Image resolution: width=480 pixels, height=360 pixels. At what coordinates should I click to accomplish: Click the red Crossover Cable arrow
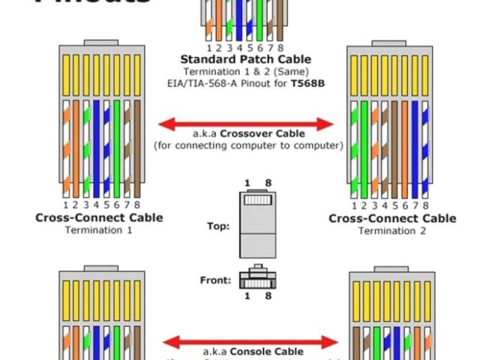tap(247, 123)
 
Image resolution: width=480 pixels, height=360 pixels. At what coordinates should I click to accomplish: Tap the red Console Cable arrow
tap(247, 342)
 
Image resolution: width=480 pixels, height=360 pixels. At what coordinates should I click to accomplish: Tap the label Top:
tap(218, 226)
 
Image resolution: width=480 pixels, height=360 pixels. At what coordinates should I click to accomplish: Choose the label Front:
tap(215, 280)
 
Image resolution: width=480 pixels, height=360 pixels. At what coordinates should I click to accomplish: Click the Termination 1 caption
tap(98, 230)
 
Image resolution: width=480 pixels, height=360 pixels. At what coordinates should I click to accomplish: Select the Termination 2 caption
tap(391, 230)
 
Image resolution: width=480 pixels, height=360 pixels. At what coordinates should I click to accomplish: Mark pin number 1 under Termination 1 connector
tap(66, 205)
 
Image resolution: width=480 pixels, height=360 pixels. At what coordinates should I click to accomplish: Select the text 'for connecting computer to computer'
tap(247, 145)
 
